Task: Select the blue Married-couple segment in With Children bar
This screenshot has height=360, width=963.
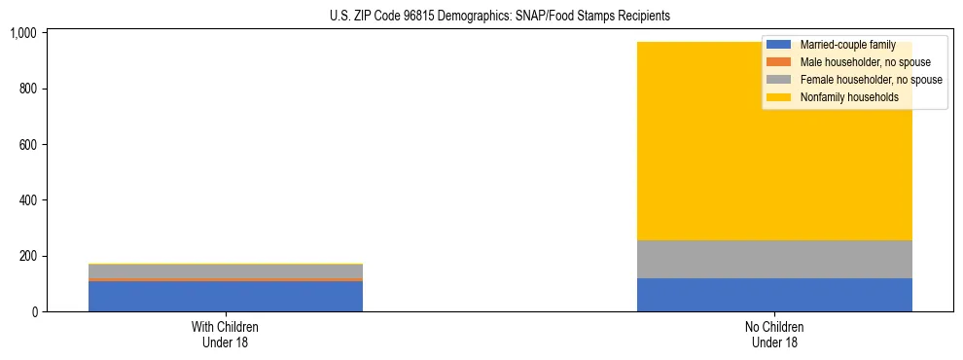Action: click(226, 296)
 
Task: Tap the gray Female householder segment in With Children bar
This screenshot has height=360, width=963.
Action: click(226, 270)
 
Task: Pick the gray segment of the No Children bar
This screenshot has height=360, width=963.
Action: click(774, 259)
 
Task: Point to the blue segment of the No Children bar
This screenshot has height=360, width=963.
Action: click(774, 295)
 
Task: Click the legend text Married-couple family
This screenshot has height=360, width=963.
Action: click(846, 45)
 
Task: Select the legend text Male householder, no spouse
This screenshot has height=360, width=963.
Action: click(865, 62)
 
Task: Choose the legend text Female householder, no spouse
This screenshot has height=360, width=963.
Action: click(871, 80)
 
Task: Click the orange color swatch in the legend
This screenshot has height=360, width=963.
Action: click(779, 62)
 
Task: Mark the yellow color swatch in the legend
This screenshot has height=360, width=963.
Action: click(779, 97)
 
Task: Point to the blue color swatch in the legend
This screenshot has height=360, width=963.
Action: click(779, 45)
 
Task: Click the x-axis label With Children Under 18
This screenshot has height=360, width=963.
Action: click(226, 335)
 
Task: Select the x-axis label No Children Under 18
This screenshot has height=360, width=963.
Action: click(774, 335)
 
